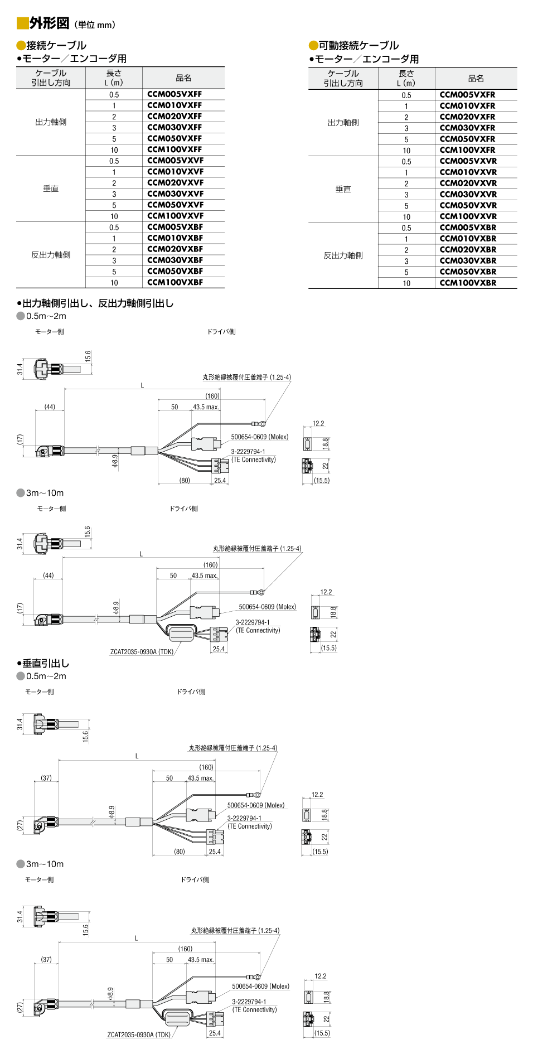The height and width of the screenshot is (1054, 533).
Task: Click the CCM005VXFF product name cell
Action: point(175,94)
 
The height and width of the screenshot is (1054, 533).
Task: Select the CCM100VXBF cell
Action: point(175,282)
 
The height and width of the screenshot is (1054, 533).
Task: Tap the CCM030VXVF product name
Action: point(176,194)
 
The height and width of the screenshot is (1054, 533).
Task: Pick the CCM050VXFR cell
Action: point(467,139)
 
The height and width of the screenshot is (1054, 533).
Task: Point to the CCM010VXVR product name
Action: point(468,172)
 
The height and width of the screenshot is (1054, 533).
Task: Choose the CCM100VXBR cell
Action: point(468,283)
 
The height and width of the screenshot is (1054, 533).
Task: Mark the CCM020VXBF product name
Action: point(175,249)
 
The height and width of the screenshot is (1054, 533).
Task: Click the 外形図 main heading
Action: point(50,23)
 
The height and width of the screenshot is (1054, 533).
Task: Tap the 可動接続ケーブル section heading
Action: point(359,45)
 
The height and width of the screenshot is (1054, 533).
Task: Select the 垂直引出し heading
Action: point(46,663)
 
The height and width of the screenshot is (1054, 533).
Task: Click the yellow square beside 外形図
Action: point(22,23)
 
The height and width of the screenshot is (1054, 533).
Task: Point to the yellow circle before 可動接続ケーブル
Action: point(313,46)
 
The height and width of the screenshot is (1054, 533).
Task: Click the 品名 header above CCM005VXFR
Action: point(476,79)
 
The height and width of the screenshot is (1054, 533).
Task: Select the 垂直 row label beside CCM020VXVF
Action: point(51,188)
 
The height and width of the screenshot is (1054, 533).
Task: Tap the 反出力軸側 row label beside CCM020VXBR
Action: point(343,255)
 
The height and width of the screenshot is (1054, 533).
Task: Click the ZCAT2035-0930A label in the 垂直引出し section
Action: point(139,1034)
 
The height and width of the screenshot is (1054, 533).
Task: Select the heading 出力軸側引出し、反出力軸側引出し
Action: point(98,303)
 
